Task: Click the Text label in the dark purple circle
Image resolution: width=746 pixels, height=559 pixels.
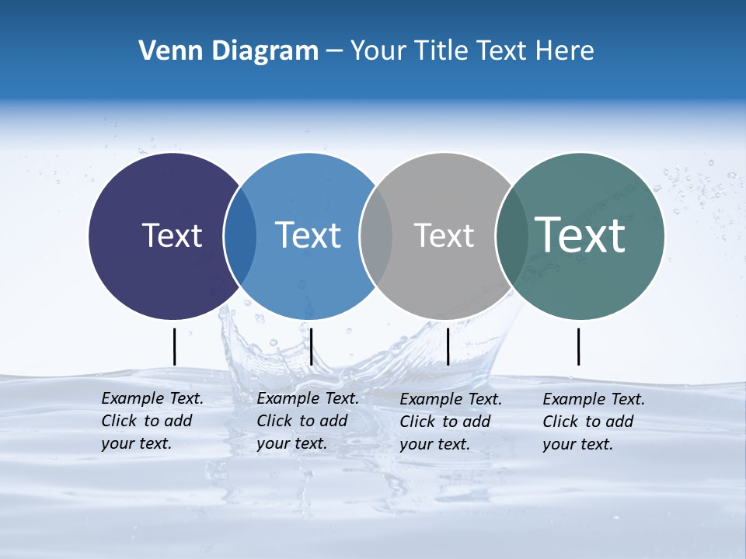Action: (x=172, y=235)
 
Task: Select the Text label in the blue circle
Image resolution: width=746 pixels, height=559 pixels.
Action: (x=308, y=235)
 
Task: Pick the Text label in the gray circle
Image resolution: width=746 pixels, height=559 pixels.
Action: (x=444, y=235)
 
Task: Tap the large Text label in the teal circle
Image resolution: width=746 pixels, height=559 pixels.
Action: (x=580, y=234)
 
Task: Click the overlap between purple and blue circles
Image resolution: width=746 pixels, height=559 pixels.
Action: (x=240, y=236)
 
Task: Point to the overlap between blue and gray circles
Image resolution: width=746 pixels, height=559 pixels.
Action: (x=376, y=236)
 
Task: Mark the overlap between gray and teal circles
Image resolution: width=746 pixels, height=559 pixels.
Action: (x=511, y=236)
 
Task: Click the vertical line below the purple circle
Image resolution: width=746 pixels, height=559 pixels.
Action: (x=174, y=346)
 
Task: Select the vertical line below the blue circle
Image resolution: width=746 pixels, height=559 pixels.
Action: (x=311, y=346)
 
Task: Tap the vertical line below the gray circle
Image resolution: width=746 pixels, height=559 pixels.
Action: (x=448, y=346)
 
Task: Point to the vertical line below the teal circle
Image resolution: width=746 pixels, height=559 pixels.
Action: (x=578, y=346)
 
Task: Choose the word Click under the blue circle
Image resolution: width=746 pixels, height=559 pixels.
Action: (x=274, y=421)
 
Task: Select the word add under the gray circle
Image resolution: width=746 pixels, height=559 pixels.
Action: (x=477, y=422)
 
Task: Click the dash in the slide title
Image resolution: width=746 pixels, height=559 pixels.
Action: (x=334, y=51)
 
